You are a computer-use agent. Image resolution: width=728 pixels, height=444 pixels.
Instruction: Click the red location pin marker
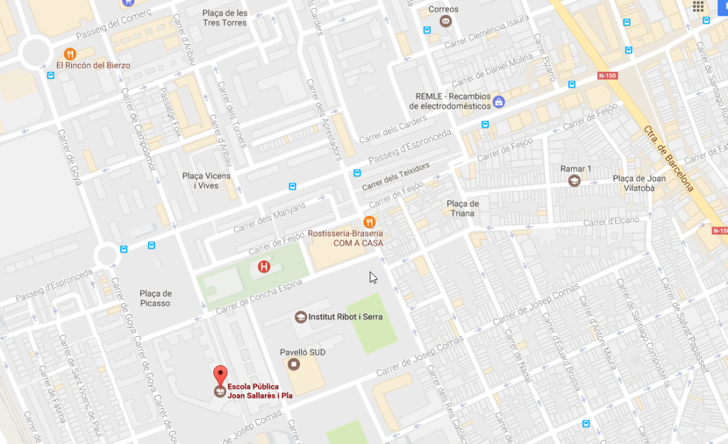pyautogui.click(x=220, y=374)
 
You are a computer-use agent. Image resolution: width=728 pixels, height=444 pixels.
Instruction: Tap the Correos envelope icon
pyautogui.click(x=445, y=21)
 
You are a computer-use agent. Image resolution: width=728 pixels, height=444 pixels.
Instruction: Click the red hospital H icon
pyautogui.click(x=264, y=267)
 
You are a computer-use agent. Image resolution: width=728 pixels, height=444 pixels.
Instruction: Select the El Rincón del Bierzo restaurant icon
pyautogui.click(x=70, y=53)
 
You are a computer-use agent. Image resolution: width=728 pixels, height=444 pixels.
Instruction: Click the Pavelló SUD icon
pyautogui.click(x=294, y=364)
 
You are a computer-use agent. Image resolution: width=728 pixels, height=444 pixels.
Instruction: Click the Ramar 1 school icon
pyautogui.click(x=573, y=180)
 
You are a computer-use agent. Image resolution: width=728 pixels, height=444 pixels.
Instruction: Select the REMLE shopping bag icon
pyautogui.click(x=499, y=102)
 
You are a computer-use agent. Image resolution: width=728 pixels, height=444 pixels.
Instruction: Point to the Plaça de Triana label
pyautogui.click(x=463, y=208)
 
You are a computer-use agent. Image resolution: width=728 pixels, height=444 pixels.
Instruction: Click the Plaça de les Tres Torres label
pyautogui.click(x=225, y=18)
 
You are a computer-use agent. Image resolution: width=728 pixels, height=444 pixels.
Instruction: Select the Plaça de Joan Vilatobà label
pyautogui.click(x=639, y=183)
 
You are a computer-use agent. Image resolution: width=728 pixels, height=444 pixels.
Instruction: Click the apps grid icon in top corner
pyautogui.click(x=698, y=7)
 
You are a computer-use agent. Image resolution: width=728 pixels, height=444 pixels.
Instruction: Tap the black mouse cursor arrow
pyautogui.click(x=373, y=278)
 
